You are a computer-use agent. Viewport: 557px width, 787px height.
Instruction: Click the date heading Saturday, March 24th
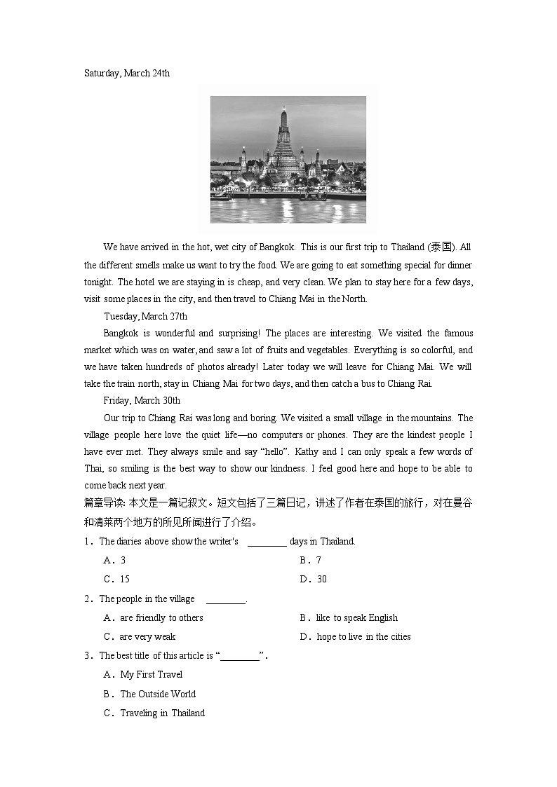127,73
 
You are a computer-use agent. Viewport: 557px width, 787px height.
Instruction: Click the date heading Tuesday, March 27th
146,316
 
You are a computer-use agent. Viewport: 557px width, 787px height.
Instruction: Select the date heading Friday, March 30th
142,400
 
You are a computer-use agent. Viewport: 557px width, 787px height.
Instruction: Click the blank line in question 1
267,542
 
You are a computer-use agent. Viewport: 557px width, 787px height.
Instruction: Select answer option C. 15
116,579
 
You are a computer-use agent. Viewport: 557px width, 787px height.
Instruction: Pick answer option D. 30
313,579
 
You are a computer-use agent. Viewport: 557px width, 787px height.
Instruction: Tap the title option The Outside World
157,694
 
